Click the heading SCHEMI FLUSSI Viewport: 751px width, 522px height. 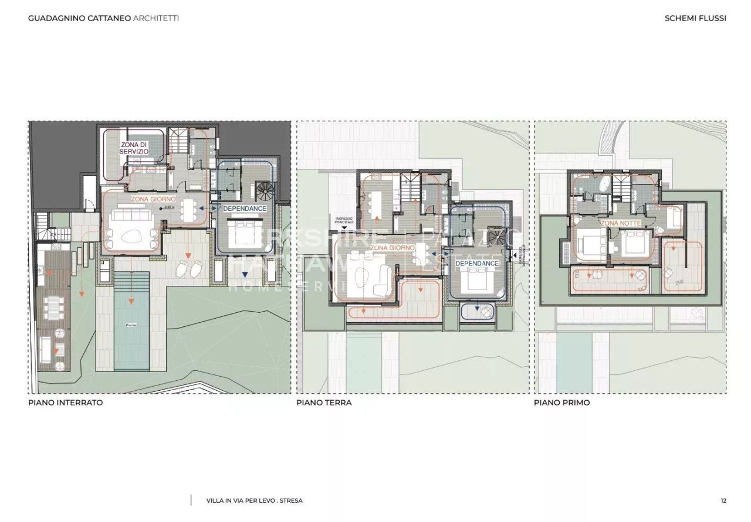pyautogui.click(x=695, y=18)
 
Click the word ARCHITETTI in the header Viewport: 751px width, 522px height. pyautogui.click(x=156, y=18)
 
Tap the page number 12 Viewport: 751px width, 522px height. pyautogui.click(x=723, y=501)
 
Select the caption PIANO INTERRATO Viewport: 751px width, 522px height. pyautogui.click(x=66, y=403)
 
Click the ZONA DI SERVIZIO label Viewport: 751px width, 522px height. pyautogui.click(x=134, y=148)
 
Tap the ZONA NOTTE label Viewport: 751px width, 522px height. pyautogui.click(x=620, y=223)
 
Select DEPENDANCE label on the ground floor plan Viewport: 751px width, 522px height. pyautogui.click(x=477, y=264)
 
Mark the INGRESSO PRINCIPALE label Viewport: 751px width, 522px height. pyautogui.click(x=344, y=221)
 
